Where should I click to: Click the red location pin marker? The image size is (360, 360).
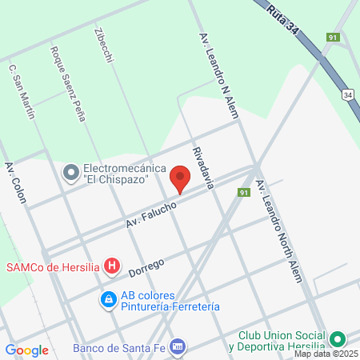(181, 178)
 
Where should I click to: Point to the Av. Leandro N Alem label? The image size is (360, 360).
(218, 78)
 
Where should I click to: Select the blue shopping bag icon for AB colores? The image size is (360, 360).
(107, 300)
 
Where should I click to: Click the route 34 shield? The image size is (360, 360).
(347, 94)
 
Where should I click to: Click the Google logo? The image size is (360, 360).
(26, 350)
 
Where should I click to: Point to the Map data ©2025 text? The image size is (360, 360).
(323, 354)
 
